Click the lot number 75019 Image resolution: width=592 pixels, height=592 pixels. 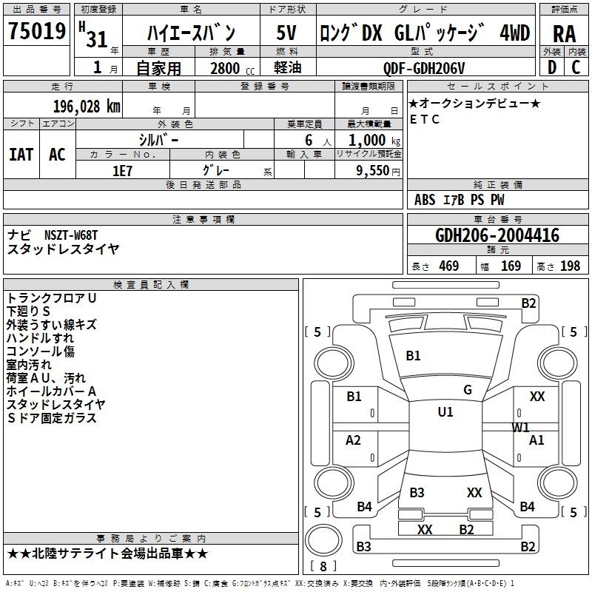click(37, 30)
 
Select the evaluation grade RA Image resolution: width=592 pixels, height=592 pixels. click(565, 34)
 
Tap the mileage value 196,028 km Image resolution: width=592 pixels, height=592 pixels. click(87, 107)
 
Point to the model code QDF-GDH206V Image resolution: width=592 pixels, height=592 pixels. click(424, 68)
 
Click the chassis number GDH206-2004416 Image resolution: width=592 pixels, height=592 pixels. click(497, 235)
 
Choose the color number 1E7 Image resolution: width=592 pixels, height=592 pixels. click(122, 171)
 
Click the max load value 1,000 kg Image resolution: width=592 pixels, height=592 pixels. click(374, 141)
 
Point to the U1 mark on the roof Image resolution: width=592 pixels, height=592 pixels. click(445, 412)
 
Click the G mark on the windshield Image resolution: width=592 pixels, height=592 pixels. click(468, 390)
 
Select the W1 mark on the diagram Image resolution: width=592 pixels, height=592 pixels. click(520, 428)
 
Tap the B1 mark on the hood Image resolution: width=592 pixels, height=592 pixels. click(413, 356)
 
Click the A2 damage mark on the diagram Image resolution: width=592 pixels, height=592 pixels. click(353, 440)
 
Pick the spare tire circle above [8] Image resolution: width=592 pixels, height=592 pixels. click(323, 540)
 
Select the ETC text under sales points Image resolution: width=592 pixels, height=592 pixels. click(425, 119)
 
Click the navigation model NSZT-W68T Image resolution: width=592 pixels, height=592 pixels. click(71, 235)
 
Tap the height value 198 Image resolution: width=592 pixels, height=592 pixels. click(570, 266)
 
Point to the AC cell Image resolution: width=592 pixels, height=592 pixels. click(58, 155)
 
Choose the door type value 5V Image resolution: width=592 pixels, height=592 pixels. click(286, 33)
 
